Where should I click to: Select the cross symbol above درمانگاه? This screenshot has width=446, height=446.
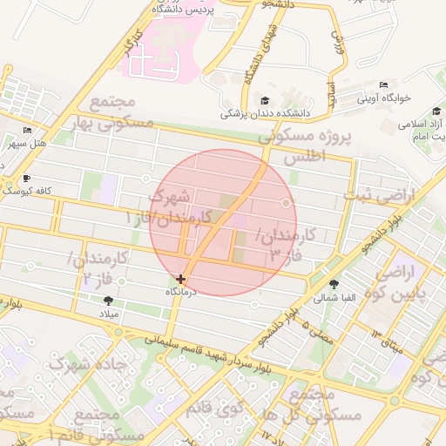(x=180, y=280)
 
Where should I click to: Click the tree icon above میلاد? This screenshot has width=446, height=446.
(x=108, y=300)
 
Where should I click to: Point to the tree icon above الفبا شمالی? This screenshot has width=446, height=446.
(x=334, y=284)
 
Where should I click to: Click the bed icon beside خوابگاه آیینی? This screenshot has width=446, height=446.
(x=383, y=85)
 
